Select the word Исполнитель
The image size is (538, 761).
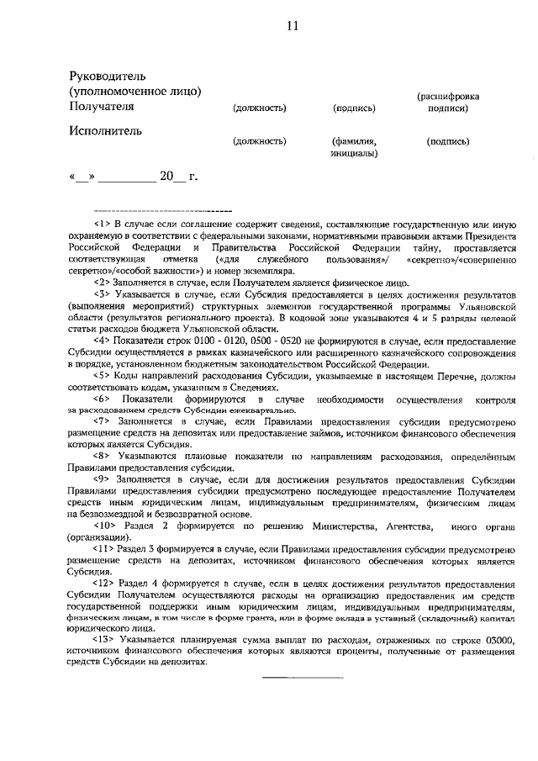tap(105, 130)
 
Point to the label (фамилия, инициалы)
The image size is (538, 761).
tap(354, 148)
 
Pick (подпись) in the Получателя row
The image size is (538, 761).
tap(354, 108)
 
